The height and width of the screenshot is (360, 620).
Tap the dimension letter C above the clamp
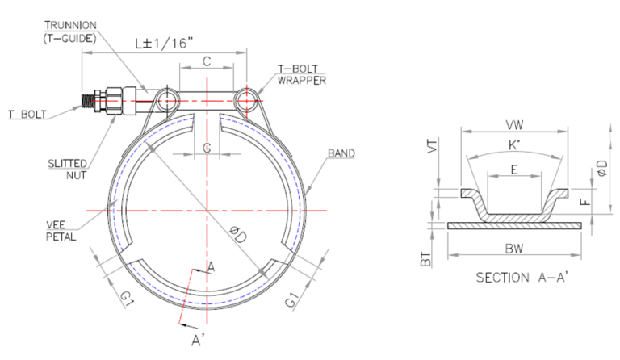click(207, 61)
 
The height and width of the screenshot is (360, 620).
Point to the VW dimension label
click(513, 125)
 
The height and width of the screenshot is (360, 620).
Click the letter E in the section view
click(513, 171)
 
